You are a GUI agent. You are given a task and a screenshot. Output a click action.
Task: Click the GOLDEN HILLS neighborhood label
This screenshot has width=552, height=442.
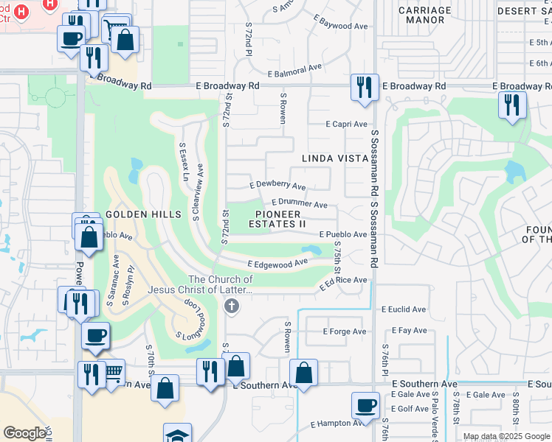pos(143,214)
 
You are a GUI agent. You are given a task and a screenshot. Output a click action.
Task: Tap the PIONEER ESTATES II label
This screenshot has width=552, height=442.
pos(277,218)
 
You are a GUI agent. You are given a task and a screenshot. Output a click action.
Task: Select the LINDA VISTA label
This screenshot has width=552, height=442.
pos(335,158)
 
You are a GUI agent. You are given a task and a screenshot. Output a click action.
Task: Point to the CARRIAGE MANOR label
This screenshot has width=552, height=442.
pos(424,15)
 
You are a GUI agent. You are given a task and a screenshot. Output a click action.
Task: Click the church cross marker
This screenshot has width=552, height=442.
pos(232,306)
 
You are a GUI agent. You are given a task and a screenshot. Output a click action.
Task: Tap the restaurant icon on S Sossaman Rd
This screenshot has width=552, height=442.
pos(365,88)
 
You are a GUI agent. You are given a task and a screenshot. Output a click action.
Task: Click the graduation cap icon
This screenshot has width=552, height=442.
pos(177,435)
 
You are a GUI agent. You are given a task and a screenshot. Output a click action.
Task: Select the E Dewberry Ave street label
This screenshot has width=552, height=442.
pos(277,186)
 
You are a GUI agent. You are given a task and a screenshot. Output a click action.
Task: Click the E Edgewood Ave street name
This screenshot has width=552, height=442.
pos(277,263)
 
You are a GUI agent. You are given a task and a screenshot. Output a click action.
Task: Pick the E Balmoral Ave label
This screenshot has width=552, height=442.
pos(295,70)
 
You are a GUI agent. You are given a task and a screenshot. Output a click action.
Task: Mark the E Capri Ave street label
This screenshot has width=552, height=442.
pos(346,124)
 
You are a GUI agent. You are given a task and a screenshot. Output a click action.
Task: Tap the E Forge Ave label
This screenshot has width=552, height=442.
pos(345,331)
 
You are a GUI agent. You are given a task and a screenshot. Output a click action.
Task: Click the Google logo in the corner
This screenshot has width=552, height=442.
pos(24,433)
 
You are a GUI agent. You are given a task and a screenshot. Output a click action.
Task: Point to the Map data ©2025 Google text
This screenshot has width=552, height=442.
pos(506,436)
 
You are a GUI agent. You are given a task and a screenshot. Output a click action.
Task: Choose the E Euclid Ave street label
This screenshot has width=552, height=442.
pos(404,309)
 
